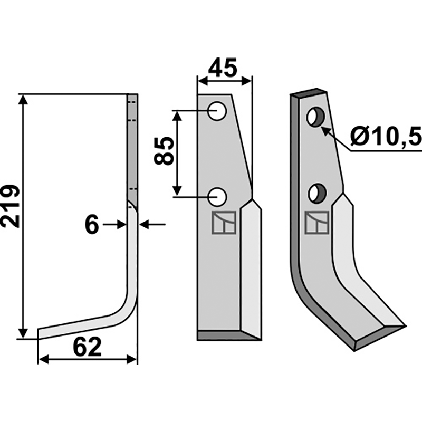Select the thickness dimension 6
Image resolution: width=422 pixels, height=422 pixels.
coord(92,225)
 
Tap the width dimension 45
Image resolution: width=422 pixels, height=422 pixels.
coord(224,68)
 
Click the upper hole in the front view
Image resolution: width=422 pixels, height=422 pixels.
coord(217,111)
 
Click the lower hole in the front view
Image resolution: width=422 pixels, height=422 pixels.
coord(217,197)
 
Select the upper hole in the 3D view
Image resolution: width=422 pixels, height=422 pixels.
coord(315,116)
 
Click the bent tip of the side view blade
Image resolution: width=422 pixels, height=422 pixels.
coord(47,332)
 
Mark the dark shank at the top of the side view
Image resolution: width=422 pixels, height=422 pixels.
coord(132,148)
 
